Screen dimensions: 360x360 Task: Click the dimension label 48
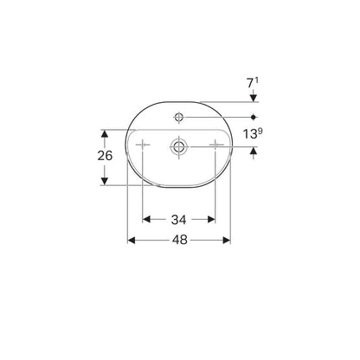[180, 240]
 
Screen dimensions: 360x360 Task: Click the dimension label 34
[179, 220]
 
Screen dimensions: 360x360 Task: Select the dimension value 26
[105, 156]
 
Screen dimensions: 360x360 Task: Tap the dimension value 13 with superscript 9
[253, 133]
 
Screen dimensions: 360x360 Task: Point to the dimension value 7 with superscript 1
[253, 83]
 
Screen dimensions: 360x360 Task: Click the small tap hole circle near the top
[179, 117]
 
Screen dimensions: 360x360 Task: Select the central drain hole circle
[179, 146]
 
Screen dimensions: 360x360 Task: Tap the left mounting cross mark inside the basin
[143, 145]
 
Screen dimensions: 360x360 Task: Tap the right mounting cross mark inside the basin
[215, 144]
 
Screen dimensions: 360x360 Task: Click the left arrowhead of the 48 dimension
[132, 240]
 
